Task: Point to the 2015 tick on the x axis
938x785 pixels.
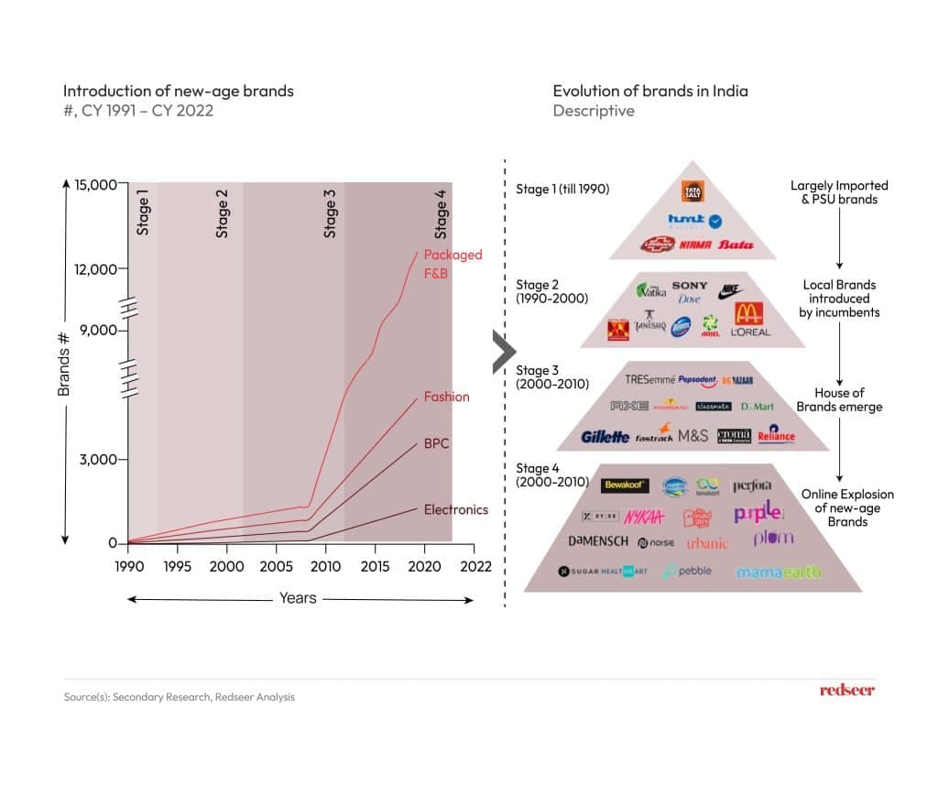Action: (374, 566)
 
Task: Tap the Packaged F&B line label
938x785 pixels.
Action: (453, 264)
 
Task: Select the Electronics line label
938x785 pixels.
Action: (456, 509)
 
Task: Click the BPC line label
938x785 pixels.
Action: (436, 443)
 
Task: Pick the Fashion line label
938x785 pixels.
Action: (446, 397)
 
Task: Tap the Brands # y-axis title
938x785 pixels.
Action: (64, 362)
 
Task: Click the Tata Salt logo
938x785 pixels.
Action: (693, 192)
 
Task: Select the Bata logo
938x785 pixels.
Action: (736, 245)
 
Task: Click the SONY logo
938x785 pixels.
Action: (690, 287)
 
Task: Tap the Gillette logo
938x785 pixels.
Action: (605, 437)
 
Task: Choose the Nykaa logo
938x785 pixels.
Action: (644, 518)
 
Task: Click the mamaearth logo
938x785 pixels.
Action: (779, 572)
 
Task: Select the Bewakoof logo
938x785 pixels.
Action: (625, 485)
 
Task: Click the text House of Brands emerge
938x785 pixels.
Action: (839, 399)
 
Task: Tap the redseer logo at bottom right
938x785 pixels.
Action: (846, 690)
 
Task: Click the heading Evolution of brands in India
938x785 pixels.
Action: (650, 91)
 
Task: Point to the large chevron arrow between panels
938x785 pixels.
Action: (503, 349)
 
